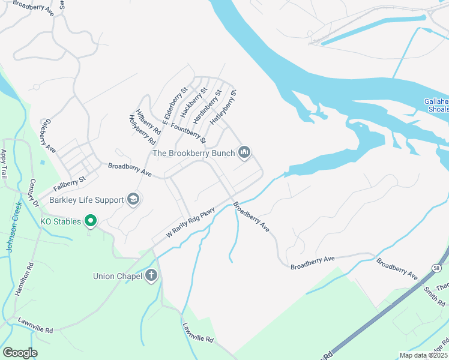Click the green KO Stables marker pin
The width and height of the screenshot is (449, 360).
(x=91, y=221)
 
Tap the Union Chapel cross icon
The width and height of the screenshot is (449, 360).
(x=151, y=276)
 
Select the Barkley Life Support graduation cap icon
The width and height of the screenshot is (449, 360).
(x=133, y=200)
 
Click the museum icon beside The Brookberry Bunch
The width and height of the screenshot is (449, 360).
(x=244, y=153)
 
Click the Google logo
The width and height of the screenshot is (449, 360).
(x=20, y=353)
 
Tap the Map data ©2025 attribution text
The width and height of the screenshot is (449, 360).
(x=423, y=355)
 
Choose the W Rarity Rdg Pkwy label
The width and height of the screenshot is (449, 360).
(x=190, y=223)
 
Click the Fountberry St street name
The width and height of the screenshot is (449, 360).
(x=188, y=133)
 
